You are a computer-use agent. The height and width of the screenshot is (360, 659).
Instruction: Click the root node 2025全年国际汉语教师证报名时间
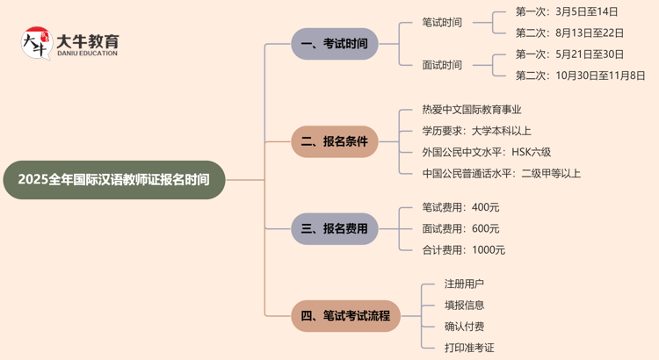(x=113, y=180)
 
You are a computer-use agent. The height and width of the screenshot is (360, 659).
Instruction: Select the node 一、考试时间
(x=334, y=44)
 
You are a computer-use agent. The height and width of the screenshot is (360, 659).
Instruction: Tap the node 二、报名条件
(x=334, y=141)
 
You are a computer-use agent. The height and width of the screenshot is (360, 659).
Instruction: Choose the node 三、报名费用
(x=334, y=228)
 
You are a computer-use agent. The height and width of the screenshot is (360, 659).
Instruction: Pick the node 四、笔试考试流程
(x=345, y=315)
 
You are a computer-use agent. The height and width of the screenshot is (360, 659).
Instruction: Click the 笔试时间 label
(x=442, y=23)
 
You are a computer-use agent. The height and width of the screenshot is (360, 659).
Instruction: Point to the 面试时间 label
(x=442, y=65)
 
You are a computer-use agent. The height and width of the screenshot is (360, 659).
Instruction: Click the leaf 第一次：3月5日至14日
(x=567, y=12)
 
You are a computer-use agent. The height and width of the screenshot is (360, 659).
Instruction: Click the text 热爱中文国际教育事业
(x=472, y=110)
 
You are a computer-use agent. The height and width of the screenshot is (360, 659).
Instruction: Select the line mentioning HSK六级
(x=487, y=152)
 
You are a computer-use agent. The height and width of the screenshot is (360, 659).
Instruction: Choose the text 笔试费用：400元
(x=461, y=207)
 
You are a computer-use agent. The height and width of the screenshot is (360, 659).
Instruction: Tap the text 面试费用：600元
(x=461, y=228)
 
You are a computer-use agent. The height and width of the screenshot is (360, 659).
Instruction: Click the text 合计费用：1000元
(x=464, y=249)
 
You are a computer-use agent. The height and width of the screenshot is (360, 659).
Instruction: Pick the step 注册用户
(x=465, y=284)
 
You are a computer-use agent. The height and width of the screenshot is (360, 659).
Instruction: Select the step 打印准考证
(x=470, y=348)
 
